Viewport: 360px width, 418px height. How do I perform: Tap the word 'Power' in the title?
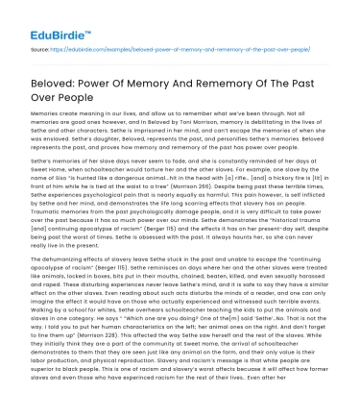coord(107,76)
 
